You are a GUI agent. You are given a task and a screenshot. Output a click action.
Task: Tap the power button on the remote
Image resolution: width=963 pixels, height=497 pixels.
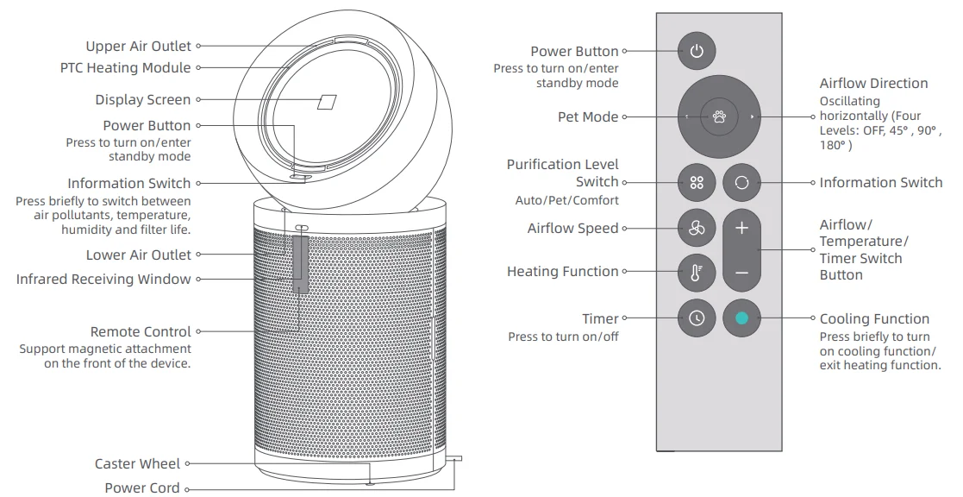(x=697, y=50)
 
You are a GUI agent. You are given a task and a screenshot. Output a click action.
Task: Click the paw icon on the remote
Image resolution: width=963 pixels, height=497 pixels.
(x=719, y=116)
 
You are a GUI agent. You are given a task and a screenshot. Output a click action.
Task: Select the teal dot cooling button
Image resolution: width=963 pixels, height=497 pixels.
(x=742, y=318)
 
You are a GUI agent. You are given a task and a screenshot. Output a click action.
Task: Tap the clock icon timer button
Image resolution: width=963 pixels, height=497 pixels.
(x=697, y=318)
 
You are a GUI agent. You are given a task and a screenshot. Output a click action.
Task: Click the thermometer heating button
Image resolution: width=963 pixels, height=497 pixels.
(x=697, y=272)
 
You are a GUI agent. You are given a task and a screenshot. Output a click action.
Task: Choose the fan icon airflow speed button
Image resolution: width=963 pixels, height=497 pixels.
(x=697, y=229)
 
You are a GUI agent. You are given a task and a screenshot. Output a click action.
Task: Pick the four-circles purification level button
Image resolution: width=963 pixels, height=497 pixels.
(x=697, y=182)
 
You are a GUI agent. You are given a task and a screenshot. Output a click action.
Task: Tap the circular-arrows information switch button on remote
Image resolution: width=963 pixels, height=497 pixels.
(x=742, y=182)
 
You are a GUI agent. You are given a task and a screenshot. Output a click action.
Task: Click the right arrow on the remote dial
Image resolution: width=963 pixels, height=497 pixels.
(x=753, y=116)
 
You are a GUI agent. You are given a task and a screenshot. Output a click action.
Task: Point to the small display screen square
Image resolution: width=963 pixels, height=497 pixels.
(x=327, y=102)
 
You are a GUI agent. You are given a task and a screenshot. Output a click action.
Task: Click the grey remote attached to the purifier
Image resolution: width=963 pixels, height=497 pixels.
(x=300, y=264)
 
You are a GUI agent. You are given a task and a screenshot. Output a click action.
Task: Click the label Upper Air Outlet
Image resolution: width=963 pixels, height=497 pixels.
(x=138, y=46)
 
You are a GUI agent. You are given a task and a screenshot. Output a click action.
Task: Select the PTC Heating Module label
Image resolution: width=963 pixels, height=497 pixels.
(x=125, y=67)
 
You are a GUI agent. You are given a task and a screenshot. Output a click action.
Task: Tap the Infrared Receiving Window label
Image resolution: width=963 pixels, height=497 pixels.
(x=103, y=279)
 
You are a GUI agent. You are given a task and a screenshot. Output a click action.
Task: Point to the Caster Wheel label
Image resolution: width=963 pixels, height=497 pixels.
(x=138, y=464)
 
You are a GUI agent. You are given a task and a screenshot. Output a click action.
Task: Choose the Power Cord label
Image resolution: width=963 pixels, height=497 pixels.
(x=142, y=488)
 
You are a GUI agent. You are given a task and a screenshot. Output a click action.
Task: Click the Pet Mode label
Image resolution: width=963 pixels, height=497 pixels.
(x=588, y=116)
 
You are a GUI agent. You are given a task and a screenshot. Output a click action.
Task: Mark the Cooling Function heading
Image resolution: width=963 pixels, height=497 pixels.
(x=874, y=319)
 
